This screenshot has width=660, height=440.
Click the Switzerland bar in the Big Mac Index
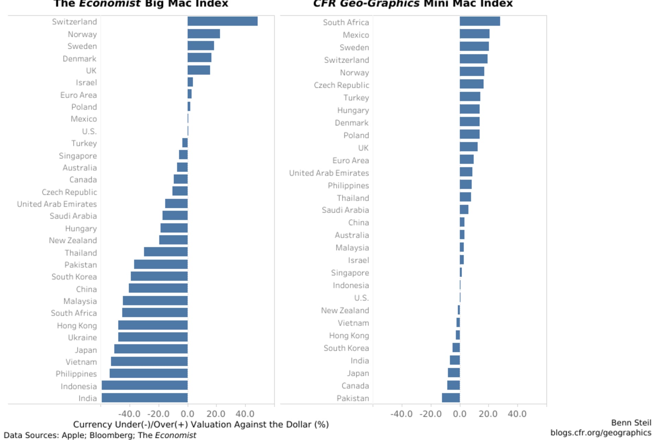pos(222,21)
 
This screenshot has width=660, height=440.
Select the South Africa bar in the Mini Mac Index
pos(480,21)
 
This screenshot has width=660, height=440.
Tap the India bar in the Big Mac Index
pos(145,398)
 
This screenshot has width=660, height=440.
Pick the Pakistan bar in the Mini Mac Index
pos(451,398)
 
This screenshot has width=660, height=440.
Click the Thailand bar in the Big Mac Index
pos(166,252)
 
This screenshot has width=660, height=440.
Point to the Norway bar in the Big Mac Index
pos(203,34)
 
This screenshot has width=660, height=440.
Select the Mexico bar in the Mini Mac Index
pos(474,34)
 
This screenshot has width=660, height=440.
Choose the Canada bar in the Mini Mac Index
pos(453,385)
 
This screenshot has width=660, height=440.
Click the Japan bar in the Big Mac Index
pos(151,349)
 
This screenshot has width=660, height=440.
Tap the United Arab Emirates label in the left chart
pos(57,204)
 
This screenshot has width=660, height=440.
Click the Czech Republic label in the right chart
pos(341,85)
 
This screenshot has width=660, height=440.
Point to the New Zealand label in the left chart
pos(73,241)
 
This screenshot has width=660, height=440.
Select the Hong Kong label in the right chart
pos(349,335)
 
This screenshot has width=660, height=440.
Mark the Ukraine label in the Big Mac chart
pos(82,338)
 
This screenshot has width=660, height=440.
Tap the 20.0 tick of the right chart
pos(488,414)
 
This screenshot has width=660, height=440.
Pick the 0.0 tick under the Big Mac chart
pos(188,414)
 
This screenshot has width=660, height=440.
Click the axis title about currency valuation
pos(201,425)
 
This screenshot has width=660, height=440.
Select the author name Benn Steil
pos(631,423)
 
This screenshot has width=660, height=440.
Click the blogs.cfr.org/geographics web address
pos(601,433)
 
